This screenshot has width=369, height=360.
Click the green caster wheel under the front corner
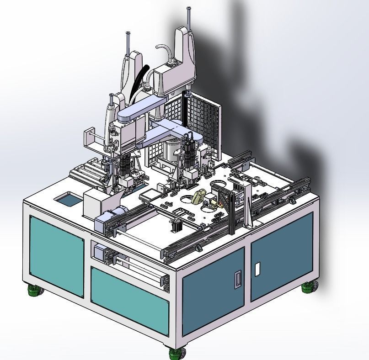[x=177, y=352]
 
